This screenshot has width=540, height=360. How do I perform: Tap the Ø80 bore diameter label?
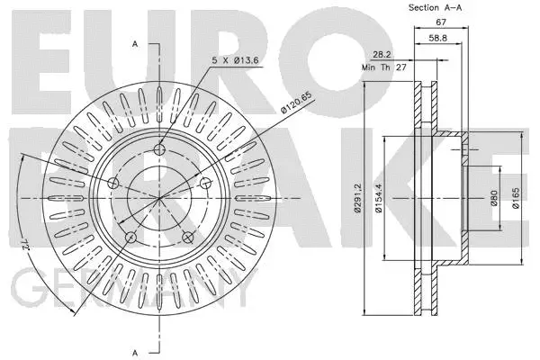coord(494,198)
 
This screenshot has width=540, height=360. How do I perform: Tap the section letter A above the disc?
coord(134,43)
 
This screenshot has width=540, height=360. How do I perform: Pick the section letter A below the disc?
coord(134,352)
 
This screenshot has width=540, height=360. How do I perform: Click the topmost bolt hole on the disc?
coord(160,149)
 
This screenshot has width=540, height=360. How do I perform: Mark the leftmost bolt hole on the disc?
coord(113,184)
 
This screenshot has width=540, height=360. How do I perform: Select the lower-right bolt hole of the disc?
coord(189,238)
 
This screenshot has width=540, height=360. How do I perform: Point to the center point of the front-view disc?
coord(160,198)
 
